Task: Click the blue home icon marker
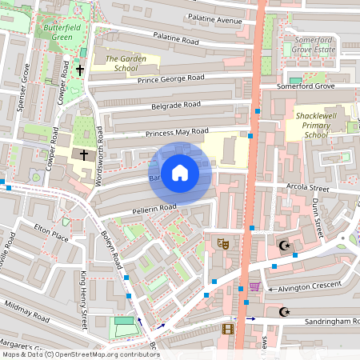click(180, 173)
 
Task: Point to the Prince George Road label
click(170, 78)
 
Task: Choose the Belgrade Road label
click(174, 105)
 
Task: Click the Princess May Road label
click(176, 131)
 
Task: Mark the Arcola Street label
click(307, 189)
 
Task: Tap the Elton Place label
click(50, 237)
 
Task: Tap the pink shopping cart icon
click(254, 286)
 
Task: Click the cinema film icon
click(228, 328)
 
